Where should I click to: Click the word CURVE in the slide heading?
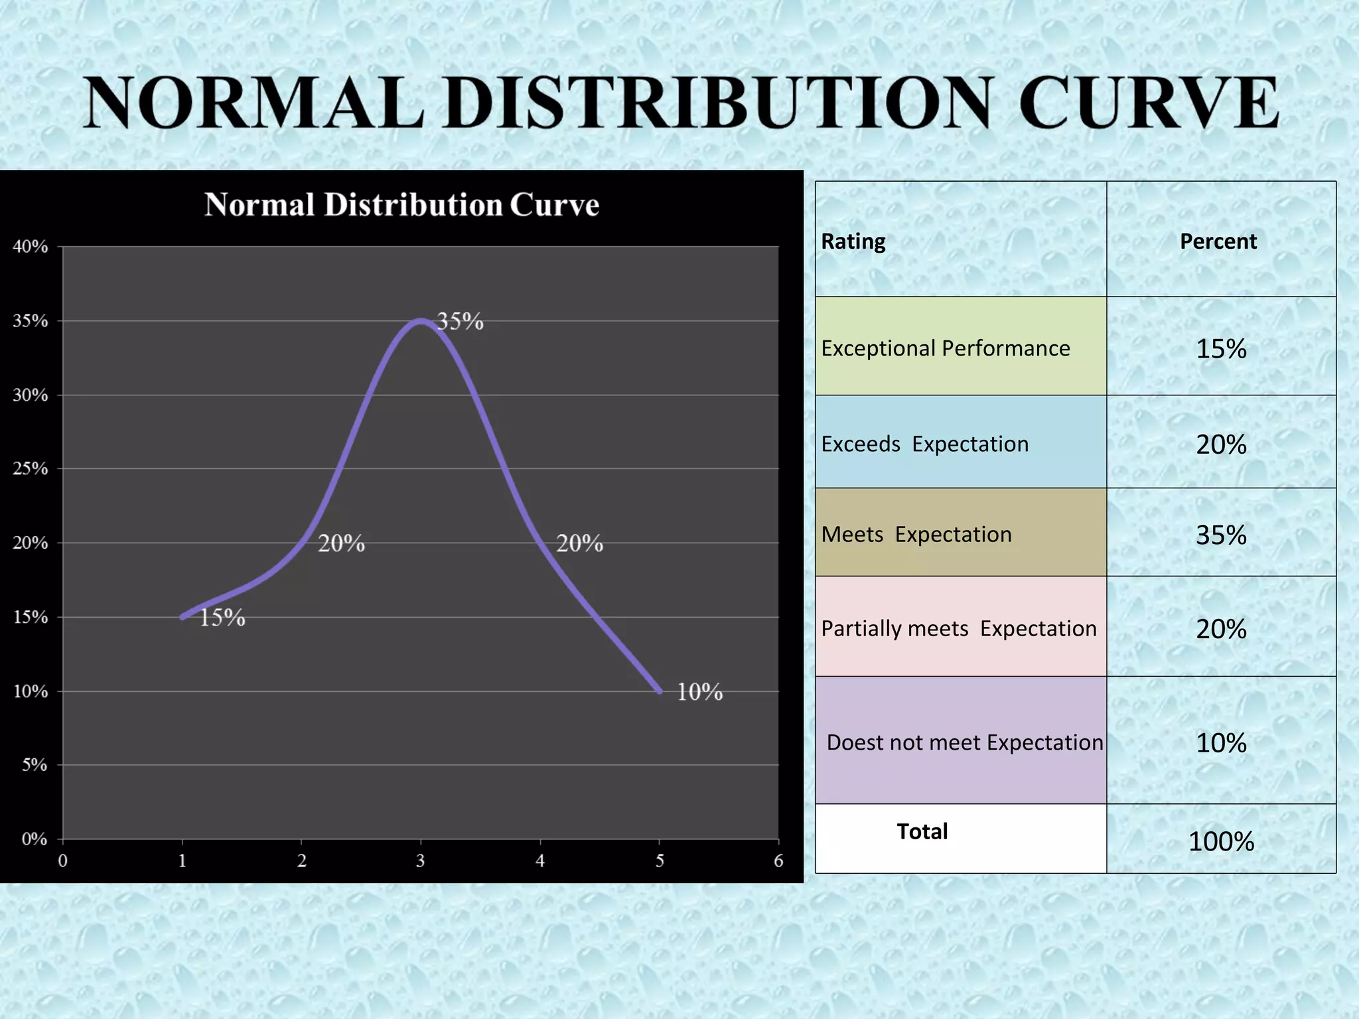[x=1148, y=103]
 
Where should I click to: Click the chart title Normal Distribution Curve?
[x=401, y=205]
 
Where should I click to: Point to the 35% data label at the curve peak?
[x=460, y=322]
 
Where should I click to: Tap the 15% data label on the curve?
[x=222, y=618]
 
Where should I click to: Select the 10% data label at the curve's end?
[x=699, y=692]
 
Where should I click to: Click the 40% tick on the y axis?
[x=31, y=247]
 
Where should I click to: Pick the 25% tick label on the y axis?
[x=31, y=469]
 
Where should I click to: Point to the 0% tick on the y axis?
[x=34, y=839]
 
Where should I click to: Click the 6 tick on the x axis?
[x=778, y=861]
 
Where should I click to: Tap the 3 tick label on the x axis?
[x=420, y=861]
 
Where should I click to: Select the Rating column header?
[x=853, y=241]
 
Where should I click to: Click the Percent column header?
[x=1218, y=241]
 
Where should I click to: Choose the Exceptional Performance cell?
[x=946, y=348]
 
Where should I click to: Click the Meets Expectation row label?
[x=916, y=534]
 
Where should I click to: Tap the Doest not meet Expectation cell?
[x=964, y=742]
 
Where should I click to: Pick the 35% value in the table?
[x=1221, y=535]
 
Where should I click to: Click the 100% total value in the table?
[x=1221, y=842]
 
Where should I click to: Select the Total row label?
[x=922, y=831]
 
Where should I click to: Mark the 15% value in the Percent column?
[x=1221, y=349]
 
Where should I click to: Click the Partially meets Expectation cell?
[x=959, y=628]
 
